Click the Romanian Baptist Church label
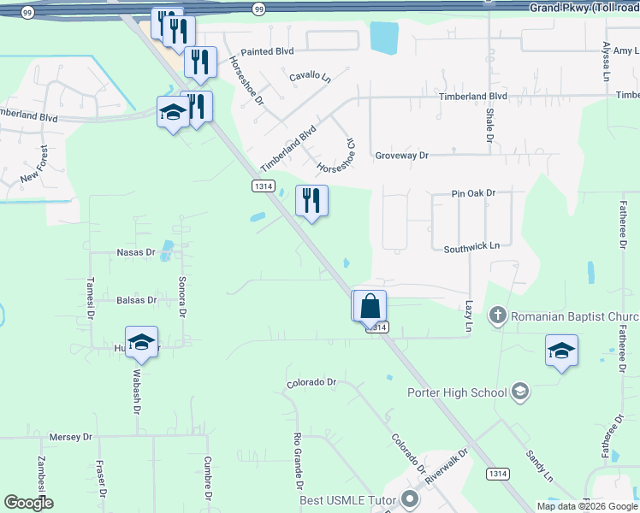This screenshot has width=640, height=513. coord(574,316)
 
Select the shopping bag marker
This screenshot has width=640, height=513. coord(371,306)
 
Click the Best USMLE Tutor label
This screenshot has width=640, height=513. coord(348,499)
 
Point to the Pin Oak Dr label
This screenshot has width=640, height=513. coord(473,194)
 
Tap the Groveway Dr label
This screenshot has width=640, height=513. coord(401,156)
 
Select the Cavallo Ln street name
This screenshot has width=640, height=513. coord(310,77)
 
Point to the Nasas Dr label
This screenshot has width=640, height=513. coord(136,252)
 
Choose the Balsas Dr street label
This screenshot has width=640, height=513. coord(137,300)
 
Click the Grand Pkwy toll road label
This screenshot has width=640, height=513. coord(584,7)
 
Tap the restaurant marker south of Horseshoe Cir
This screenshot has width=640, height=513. coord(311,202)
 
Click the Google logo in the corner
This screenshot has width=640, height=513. coord(28,503)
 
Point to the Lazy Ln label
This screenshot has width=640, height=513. coord(469,315)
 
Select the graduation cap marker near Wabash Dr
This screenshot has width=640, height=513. coord(141,343)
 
